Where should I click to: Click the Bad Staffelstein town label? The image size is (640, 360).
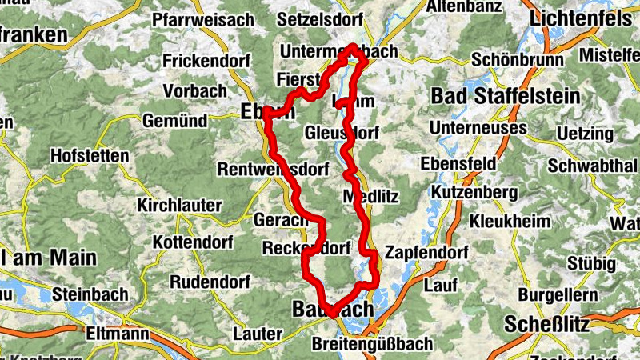[506, 96]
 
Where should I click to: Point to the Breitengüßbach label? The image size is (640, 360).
[373, 343]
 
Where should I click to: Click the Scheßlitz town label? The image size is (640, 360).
[547, 324]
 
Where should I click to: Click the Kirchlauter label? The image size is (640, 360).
[179, 206]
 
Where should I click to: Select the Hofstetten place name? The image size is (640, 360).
[89, 155]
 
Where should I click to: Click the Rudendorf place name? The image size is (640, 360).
[209, 282]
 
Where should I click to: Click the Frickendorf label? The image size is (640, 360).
[206, 61]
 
